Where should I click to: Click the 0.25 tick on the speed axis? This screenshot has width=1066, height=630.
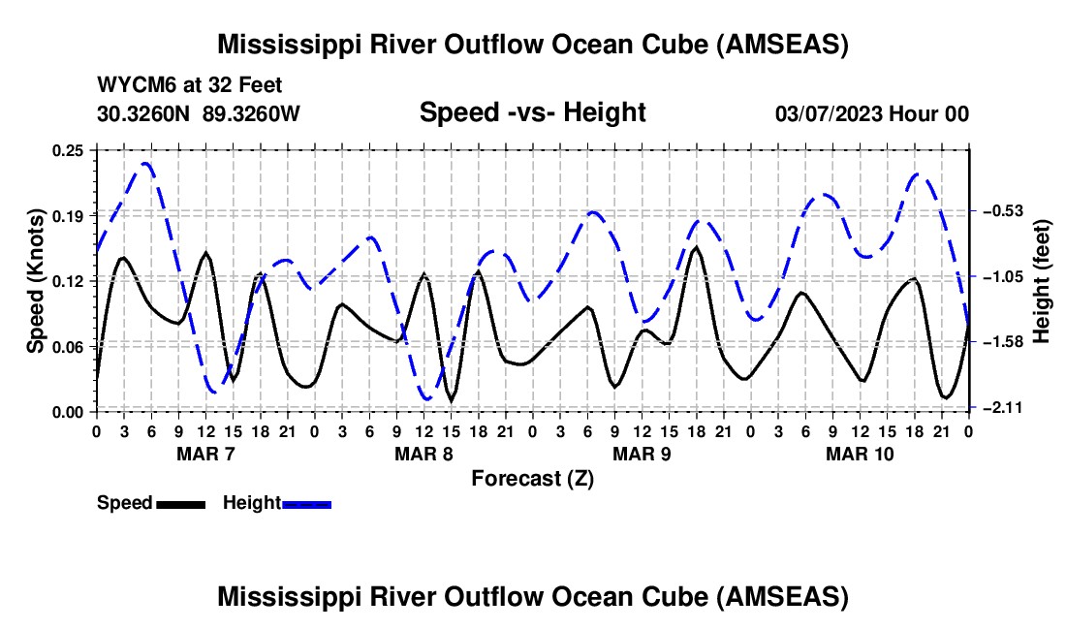pos(68,150)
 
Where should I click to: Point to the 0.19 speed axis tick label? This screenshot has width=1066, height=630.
pos(68,216)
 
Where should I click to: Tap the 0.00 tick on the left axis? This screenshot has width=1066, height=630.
pos(68,412)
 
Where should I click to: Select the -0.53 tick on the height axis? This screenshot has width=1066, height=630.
pos(1003,210)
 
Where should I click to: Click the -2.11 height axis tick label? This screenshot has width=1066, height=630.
pos(1003,407)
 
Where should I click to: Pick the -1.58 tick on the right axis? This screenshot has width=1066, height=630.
pos(1003,341)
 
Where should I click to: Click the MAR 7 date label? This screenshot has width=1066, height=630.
pos(205,454)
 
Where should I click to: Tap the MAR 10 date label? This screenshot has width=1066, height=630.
pos(860,454)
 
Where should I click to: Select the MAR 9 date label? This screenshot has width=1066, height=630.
pos(642,454)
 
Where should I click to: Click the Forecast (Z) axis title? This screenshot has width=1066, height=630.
pos(532,479)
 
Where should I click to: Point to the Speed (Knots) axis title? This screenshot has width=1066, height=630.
pos(35,281)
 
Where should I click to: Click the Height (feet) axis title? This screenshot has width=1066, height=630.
pos(1042,281)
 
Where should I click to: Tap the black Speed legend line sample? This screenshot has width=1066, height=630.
pos(181,504)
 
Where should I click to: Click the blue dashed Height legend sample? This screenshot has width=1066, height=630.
pos(306,504)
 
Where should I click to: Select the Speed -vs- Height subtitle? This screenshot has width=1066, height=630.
pos(532,112)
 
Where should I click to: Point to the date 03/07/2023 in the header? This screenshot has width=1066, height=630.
pos(828,113)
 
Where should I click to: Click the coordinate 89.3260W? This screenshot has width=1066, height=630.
pos(251,113)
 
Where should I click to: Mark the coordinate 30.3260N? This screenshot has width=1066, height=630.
pos(143,113)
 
